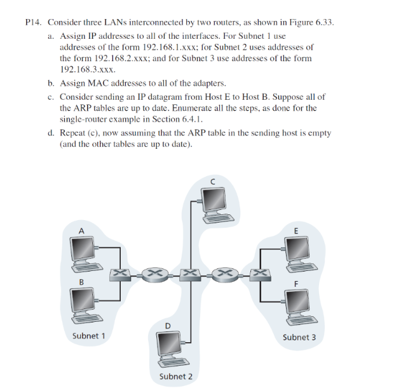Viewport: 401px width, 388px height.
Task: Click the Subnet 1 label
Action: (x=89, y=335)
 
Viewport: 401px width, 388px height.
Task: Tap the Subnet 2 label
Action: (x=176, y=377)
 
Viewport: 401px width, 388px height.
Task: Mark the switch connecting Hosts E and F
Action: (x=259, y=275)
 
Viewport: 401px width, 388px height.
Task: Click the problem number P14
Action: (x=33, y=22)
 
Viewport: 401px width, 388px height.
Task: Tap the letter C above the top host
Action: (x=213, y=181)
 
